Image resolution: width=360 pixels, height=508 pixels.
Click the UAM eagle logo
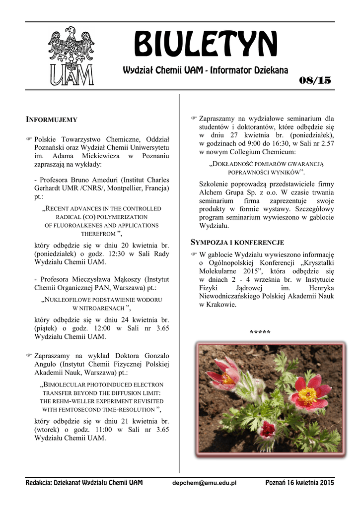(71, 56)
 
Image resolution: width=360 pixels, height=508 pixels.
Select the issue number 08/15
(312, 81)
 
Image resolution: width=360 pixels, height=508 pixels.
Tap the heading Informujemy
(51, 120)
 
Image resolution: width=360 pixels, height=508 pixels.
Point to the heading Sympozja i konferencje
(238, 242)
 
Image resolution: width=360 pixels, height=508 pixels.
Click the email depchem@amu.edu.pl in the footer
(204, 483)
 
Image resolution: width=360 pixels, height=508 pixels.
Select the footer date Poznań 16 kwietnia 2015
(300, 483)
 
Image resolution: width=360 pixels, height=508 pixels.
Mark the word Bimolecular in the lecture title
(66, 384)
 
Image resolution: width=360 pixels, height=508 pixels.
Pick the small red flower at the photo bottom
(267, 429)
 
